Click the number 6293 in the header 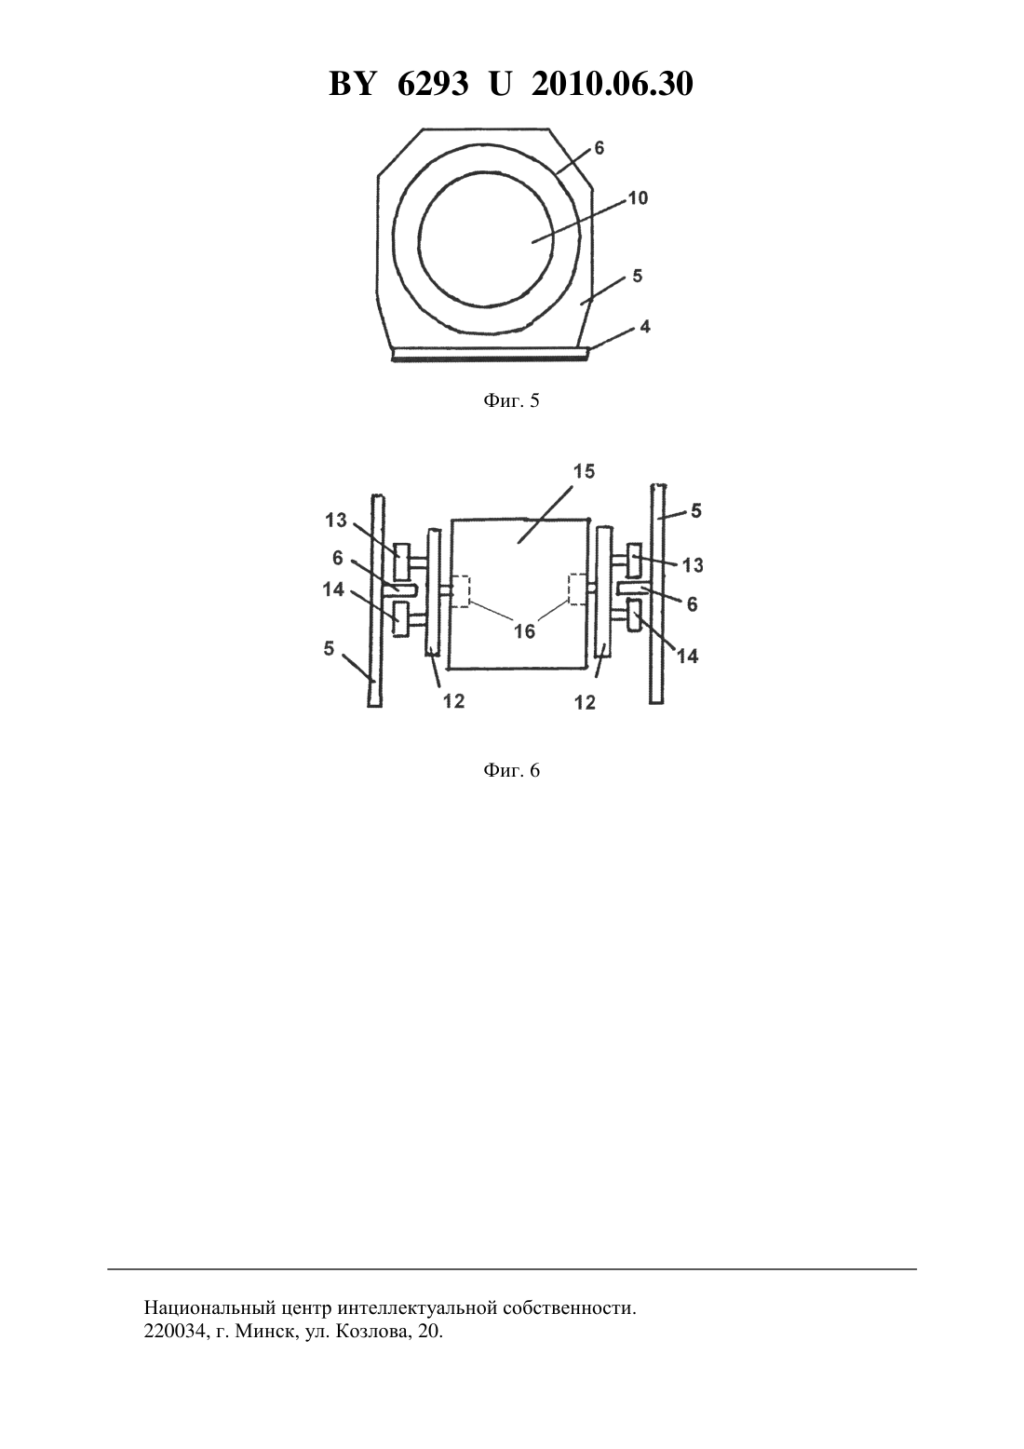433,84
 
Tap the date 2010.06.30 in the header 613,84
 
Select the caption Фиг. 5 511,401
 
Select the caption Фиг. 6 511,770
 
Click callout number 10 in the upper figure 638,198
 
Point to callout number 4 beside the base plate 644,327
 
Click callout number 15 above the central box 584,471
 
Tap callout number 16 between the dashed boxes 524,630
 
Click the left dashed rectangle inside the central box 460,590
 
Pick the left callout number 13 336,520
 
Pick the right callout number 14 688,656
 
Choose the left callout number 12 454,700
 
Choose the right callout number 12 585,702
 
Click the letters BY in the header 352,84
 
